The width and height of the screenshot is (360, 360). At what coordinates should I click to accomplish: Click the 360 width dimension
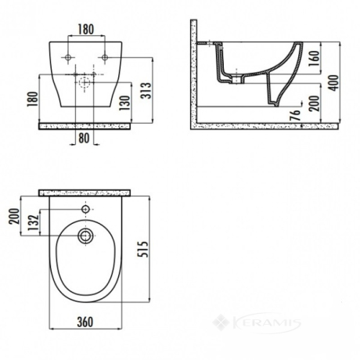85,322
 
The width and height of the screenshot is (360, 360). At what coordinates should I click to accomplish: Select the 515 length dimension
142,249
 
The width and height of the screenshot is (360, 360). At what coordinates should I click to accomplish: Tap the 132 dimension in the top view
34,222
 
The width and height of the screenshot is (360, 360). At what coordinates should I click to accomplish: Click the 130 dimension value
124,103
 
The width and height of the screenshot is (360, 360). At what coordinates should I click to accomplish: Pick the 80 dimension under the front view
84,138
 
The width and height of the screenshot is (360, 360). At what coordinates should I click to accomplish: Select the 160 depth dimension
315,58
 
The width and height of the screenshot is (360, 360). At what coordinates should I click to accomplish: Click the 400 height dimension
333,83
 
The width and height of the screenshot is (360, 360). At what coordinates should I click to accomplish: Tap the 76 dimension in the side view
295,115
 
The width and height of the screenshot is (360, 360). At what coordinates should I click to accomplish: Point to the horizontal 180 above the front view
86,30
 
